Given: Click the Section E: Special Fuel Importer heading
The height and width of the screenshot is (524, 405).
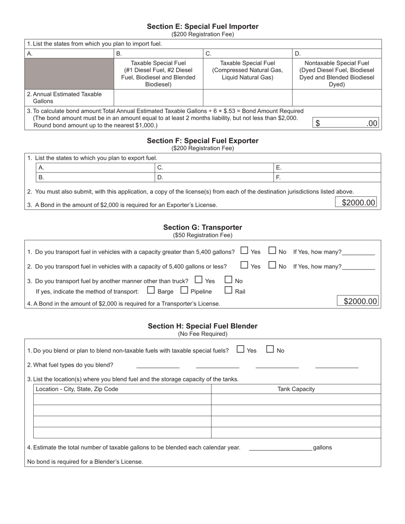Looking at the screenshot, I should point(202,26).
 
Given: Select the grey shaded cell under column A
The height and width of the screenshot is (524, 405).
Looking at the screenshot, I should point(69,73).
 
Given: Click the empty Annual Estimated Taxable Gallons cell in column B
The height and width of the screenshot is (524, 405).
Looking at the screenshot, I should point(158,98).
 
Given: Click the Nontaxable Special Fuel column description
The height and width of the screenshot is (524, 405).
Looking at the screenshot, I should point(336,73).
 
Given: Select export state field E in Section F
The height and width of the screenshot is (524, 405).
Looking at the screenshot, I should point(327,167).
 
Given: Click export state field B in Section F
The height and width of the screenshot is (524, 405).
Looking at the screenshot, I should point(95,177).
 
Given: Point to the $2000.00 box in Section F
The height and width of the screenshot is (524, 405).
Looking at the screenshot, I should point(359,203).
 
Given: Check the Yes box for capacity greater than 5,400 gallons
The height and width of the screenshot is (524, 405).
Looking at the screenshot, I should point(244,251).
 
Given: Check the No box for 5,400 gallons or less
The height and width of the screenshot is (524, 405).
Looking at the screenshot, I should point(272,265).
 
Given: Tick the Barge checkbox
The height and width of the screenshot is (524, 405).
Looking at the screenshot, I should point(151,291).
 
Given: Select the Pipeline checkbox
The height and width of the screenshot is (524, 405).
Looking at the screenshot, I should point(184,291).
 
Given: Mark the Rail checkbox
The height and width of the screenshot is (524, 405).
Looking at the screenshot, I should point(229,291).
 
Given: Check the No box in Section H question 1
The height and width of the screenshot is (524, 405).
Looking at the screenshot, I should point(270,349).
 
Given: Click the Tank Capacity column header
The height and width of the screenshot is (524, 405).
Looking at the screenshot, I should point(296,389).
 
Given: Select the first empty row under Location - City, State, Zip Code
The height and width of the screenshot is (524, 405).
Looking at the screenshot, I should point(122,399).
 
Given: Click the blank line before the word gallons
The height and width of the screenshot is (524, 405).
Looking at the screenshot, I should point(280,447).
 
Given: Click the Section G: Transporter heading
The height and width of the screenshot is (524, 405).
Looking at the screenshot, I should point(202,227).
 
